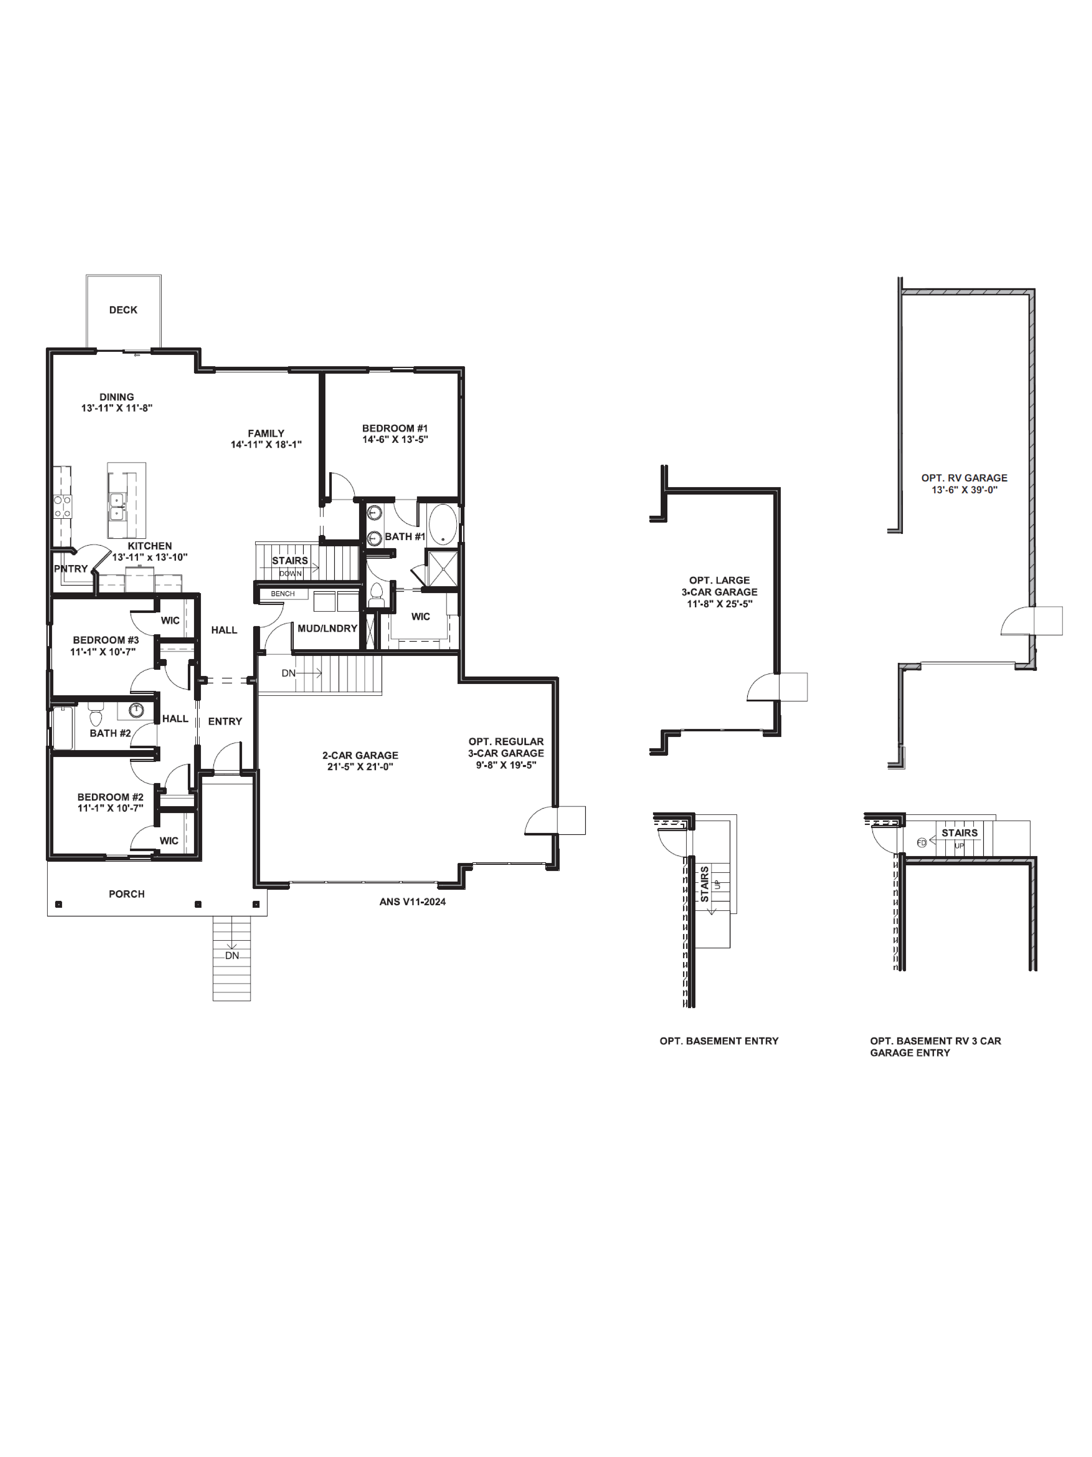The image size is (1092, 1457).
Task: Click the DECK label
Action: click(123, 310)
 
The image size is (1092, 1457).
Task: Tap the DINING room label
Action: click(116, 396)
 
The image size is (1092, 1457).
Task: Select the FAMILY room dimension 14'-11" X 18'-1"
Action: click(266, 445)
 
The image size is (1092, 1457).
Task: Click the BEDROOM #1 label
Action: click(395, 428)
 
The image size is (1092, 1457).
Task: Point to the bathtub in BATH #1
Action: click(442, 524)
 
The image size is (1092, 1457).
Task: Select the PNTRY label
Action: click(70, 569)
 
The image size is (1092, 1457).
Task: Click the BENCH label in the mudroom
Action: click(282, 593)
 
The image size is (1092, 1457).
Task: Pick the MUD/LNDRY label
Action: click(327, 628)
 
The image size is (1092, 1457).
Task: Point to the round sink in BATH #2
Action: click(136, 710)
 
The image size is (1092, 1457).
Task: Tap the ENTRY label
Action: click(225, 721)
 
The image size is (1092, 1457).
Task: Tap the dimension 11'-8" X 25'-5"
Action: click(719, 603)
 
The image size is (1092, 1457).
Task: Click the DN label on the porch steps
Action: click(232, 955)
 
